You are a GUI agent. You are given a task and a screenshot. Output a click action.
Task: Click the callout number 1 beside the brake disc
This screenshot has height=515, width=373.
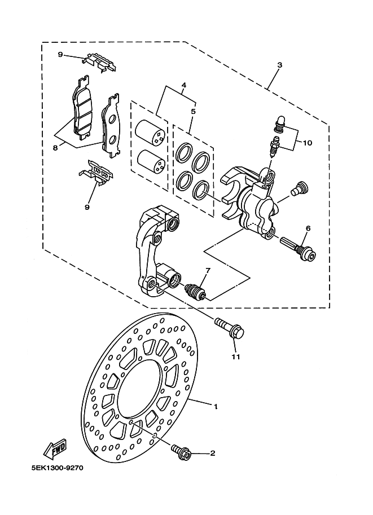(x=216, y=407)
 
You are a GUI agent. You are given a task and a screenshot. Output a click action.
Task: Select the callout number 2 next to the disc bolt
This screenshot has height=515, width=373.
(x=213, y=454)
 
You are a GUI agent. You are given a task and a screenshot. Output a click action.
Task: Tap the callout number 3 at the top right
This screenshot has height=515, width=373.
(x=279, y=65)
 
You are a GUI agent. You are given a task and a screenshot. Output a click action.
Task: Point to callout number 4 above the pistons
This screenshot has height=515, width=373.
(x=184, y=85)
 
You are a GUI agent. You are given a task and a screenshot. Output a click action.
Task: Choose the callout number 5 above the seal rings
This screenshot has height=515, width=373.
(x=193, y=111)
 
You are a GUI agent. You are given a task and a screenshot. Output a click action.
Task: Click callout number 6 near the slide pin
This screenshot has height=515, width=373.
(x=308, y=228)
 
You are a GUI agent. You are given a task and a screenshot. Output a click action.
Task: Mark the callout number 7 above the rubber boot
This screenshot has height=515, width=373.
(x=208, y=271)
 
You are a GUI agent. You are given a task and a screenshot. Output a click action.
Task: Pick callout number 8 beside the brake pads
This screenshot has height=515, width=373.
(x=55, y=148)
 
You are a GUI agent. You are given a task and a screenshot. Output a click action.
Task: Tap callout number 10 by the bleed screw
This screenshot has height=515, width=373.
(x=308, y=143)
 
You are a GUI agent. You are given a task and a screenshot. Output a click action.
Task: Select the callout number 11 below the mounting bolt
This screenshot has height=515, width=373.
(x=236, y=356)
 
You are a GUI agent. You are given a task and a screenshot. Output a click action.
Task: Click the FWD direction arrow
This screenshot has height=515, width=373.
(x=55, y=448)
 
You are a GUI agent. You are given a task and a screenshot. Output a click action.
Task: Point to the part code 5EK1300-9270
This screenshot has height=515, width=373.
(x=58, y=468)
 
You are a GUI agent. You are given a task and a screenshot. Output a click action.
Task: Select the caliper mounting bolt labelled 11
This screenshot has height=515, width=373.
(x=230, y=329)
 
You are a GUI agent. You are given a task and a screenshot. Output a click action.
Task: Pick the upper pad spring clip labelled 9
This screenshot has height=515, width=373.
(x=99, y=62)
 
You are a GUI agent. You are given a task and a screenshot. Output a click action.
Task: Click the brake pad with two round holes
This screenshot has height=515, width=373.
(x=111, y=126)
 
